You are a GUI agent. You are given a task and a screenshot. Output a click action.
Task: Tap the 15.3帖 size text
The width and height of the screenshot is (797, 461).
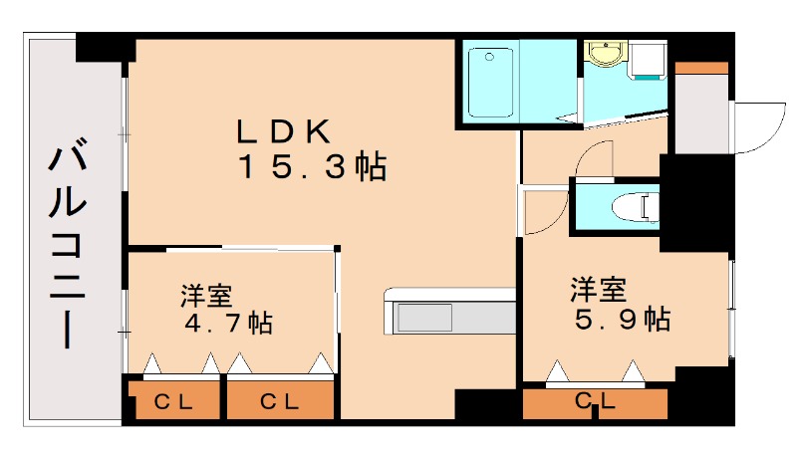[311, 166]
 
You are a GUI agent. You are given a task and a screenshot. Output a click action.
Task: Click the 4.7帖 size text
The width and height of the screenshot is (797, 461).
[229, 324]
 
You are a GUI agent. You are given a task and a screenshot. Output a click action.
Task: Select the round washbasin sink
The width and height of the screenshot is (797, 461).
[603, 52]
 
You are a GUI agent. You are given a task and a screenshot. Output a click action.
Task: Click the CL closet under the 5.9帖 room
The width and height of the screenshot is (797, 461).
[595, 403]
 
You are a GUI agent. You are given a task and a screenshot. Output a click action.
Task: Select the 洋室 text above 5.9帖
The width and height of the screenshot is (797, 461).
[598, 290]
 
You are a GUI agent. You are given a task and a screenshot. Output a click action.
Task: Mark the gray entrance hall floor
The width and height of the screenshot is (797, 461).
[701, 112]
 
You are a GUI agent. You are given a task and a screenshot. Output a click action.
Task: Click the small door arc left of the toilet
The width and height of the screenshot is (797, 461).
[543, 210]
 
